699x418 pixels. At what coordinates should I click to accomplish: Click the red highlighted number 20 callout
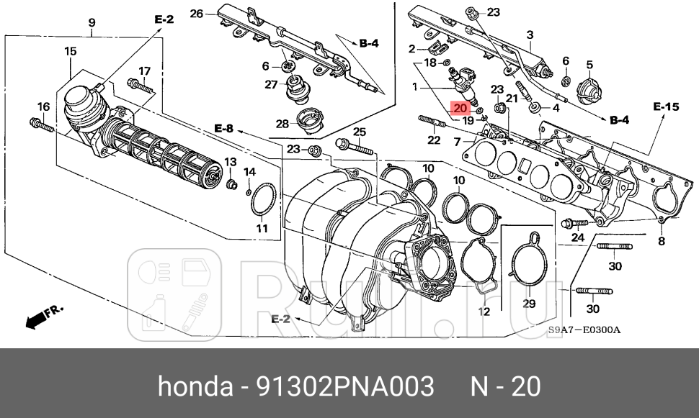pos(460,109)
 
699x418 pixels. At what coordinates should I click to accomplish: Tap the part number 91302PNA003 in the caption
pos(345,386)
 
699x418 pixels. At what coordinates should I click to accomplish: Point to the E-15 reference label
pos(666,107)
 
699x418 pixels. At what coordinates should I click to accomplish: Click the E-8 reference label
pos(223,129)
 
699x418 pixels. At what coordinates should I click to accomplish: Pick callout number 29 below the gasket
pos(529,304)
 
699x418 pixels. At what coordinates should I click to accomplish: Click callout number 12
pos(484,312)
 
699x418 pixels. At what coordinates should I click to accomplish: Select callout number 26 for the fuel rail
pos(197,13)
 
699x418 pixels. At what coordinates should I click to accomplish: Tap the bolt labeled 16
pos(43,127)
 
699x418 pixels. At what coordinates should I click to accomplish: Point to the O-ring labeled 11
pos(262,201)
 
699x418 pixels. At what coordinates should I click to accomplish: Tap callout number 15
pos(70,51)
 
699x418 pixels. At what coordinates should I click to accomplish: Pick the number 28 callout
pos(282,124)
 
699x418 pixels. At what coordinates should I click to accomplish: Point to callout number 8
pos(662,241)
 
